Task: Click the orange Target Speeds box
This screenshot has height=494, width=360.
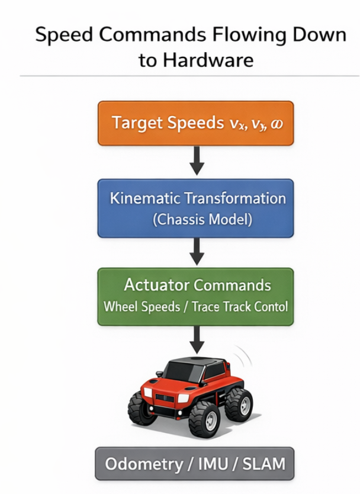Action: click(x=195, y=123)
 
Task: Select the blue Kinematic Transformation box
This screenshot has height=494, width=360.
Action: click(x=195, y=208)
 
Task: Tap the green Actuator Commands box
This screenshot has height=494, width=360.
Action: click(x=195, y=296)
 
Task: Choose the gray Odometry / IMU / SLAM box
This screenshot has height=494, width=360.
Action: click(x=195, y=463)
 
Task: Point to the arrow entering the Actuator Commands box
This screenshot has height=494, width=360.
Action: click(x=197, y=251)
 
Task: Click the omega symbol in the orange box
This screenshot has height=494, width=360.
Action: click(x=276, y=125)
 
